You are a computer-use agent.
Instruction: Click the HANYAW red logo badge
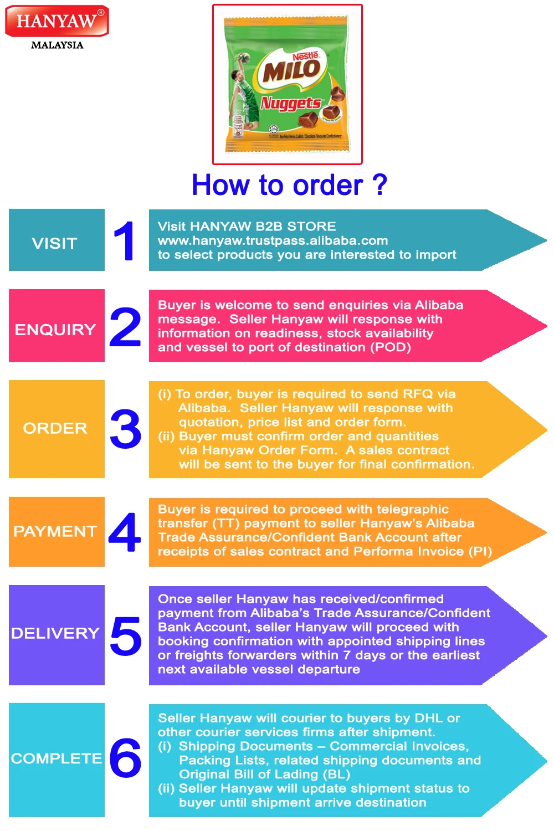point(57,21)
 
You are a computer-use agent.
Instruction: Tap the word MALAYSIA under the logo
point(57,45)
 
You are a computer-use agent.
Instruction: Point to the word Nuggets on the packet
point(291,103)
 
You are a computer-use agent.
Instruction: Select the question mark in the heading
point(379,185)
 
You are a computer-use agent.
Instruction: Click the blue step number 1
point(124,240)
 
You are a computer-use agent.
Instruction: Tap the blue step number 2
point(125,327)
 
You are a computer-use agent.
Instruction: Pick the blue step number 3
point(126,429)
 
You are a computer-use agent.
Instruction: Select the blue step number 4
point(125,532)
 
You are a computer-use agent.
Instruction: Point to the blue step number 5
point(126,635)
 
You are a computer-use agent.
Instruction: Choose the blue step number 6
point(125,757)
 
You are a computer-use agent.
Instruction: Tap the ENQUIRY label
point(55,330)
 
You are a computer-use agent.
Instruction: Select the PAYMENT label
point(55,531)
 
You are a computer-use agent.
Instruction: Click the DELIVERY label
point(55,633)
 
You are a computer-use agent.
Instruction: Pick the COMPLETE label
point(57,758)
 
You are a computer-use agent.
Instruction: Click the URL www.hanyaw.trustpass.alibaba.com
point(273,240)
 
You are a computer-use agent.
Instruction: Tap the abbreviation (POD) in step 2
point(391,347)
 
